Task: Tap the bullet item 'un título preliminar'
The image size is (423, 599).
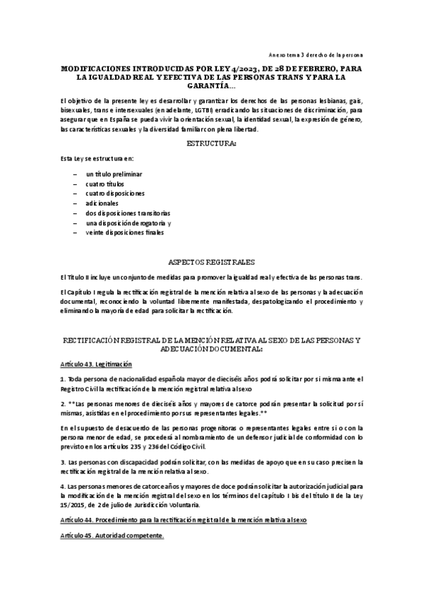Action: tap(114, 173)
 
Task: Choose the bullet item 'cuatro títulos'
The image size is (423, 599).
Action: tap(105, 183)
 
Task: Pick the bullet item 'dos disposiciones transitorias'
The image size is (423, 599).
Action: tap(128, 213)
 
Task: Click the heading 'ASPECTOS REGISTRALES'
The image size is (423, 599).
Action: tap(211, 261)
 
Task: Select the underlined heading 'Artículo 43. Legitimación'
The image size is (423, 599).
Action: tap(96, 363)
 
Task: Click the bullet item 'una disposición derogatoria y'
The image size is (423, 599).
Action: tap(129, 223)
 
